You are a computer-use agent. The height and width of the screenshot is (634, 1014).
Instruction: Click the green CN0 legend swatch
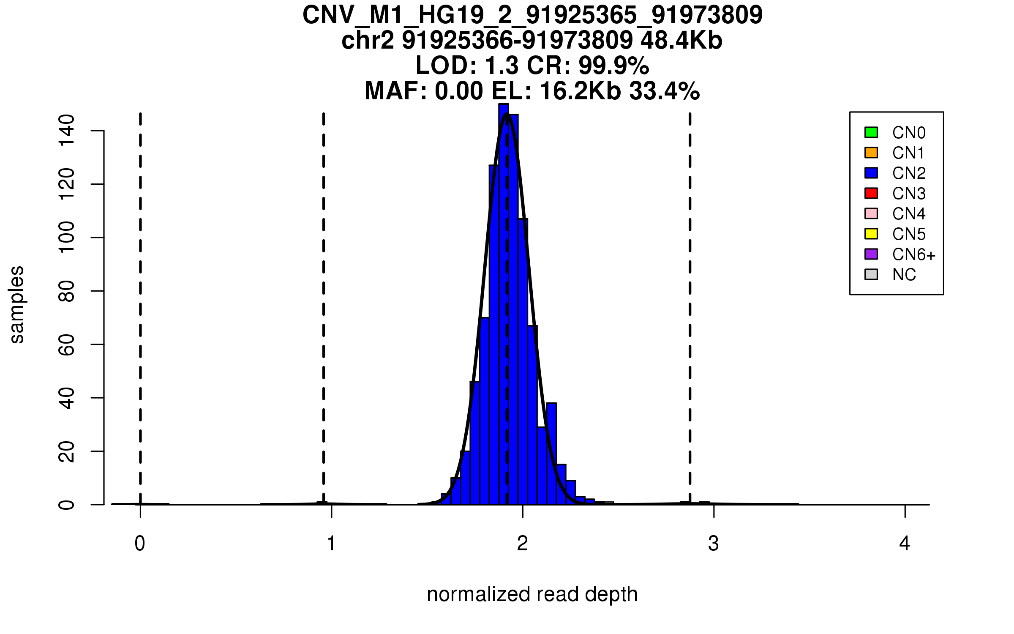(871, 132)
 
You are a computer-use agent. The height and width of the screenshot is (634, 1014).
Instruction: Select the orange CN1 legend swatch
(871, 153)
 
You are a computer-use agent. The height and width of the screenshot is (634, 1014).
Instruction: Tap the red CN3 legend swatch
(871, 193)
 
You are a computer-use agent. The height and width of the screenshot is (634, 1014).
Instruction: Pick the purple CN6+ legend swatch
(871, 254)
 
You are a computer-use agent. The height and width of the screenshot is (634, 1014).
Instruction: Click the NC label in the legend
(904, 275)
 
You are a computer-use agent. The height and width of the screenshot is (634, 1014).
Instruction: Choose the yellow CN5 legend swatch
(871, 234)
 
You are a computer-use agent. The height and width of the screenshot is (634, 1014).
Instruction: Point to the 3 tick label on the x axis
(714, 544)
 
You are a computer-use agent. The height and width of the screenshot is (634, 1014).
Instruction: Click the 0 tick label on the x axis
(140, 544)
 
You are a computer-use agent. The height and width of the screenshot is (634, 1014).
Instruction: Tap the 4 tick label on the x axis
(905, 544)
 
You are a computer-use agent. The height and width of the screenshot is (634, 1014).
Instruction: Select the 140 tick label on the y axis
(67, 131)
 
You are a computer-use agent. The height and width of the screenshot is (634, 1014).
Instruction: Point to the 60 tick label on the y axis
(67, 344)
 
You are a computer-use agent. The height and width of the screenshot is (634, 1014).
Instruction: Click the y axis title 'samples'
(17, 304)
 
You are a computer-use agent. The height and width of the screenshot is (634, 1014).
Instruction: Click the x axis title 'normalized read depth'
(532, 595)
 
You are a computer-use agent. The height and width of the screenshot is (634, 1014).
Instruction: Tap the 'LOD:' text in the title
(446, 66)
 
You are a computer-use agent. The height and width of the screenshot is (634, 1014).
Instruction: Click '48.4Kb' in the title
(681, 41)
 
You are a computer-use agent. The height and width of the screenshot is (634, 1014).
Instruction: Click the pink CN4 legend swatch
(871, 213)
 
